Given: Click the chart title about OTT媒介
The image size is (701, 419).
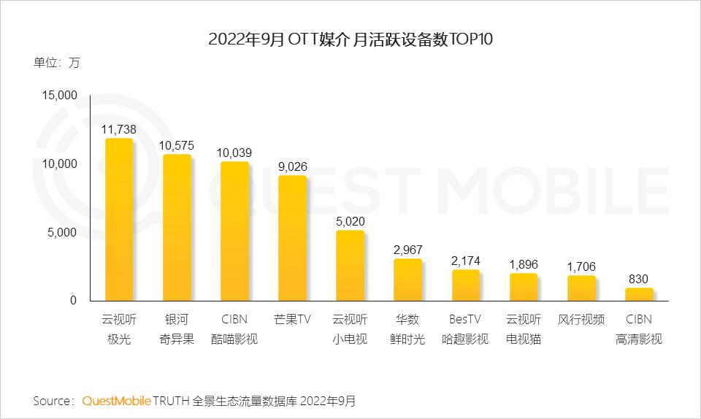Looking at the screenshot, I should (x=350, y=39).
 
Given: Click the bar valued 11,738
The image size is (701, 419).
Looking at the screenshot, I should (x=119, y=219).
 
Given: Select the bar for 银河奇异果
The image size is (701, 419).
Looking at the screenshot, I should (x=177, y=227).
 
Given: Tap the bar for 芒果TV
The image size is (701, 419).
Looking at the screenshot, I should (x=292, y=238).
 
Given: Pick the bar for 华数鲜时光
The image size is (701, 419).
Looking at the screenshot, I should (x=407, y=280).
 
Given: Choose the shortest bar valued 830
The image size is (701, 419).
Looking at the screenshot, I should (x=639, y=294).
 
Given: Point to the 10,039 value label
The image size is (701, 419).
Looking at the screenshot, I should (x=234, y=153).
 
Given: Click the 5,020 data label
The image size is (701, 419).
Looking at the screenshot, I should (x=350, y=221).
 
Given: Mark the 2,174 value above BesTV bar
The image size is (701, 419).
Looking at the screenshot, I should (x=466, y=261).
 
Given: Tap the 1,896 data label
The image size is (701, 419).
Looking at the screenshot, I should (x=524, y=264).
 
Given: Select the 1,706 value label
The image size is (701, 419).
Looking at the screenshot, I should (x=581, y=266).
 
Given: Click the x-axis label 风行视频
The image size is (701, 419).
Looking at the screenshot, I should (x=581, y=320).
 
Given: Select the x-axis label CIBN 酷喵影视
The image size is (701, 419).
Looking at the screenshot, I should (x=234, y=329).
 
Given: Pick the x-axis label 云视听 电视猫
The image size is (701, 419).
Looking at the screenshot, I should (x=524, y=329).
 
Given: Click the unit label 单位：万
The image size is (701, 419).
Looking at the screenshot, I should (x=56, y=63).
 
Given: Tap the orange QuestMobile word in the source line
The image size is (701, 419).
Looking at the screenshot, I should (x=117, y=401).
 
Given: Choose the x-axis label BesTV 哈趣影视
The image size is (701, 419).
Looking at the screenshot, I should (x=465, y=329).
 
